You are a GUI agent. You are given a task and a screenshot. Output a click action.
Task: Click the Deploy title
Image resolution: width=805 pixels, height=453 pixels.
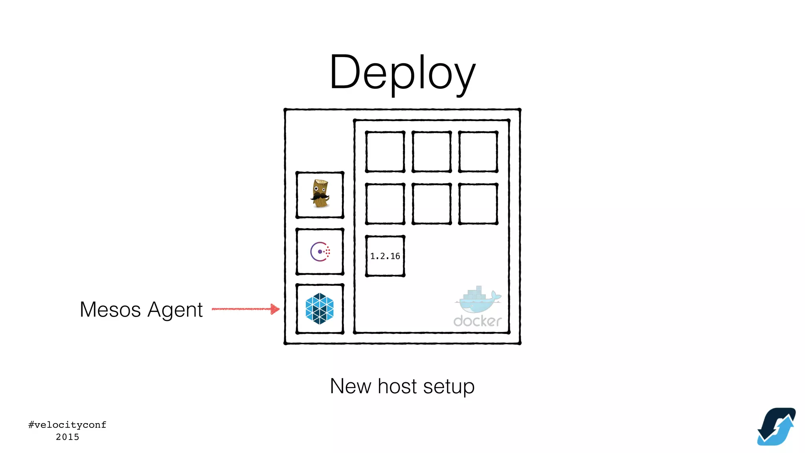pyautogui.click(x=402, y=73)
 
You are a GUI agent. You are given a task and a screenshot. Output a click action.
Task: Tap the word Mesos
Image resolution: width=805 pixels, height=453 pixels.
pyautogui.click(x=110, y=309)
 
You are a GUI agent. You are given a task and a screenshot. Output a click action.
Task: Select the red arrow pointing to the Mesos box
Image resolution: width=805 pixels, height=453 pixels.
pyautogui.click(x=246, y=309)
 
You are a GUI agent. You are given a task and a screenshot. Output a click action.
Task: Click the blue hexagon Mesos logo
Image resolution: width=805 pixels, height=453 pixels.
pyautogui.click(x=320, y=309)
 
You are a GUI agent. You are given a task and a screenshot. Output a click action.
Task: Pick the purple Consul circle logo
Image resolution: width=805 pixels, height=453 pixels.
pyautogui.click(x=320, y=252)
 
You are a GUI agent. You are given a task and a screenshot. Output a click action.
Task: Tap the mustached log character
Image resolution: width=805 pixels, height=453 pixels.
pyautogui.click(x=320, y=194)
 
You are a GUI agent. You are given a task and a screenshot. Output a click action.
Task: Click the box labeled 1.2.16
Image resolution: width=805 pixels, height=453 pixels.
pyautogui.click(x=385, y=256)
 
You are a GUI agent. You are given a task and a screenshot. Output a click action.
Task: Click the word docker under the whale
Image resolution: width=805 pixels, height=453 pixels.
pyautogui.click(x=477, y=321)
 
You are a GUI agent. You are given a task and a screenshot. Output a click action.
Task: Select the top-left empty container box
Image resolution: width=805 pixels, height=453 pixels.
pyautogui.click(x=385, y=152)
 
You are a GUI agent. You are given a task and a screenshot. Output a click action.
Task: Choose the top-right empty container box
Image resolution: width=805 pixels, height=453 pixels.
pyautogui.click(x=478, y=152)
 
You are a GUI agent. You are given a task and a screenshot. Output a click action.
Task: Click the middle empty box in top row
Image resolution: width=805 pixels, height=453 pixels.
pyautogui.click(x=431, y=152)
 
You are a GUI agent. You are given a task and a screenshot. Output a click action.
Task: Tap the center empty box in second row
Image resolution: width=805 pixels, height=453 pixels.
pyautogui.click(x=431, y=204)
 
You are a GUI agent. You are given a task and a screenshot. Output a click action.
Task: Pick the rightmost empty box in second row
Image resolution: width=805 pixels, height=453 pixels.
pyautogui.click(x=478, y=204)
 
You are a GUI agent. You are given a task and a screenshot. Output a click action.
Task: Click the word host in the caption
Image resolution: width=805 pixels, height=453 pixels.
pyautogui.click(x=397, y=386)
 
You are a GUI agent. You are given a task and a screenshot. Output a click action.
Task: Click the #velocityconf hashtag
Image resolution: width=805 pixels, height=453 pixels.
pyautogui.click(x=67, y=425)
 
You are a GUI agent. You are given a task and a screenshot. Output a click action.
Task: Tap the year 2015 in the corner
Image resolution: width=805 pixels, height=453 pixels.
pyautogui.click(x=67, y=437)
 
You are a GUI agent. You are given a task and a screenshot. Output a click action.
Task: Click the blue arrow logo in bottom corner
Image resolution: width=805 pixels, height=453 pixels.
pyautogui.click(x=776, y=427)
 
